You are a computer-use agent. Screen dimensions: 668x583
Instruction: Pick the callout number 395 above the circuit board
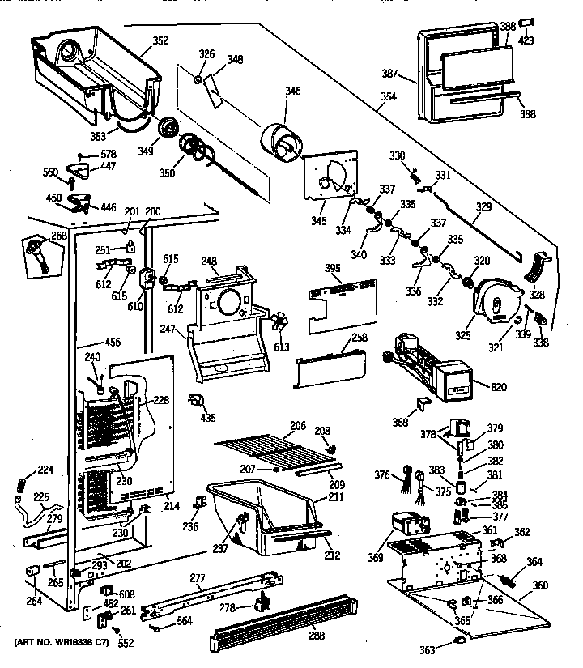[x=332, y=268]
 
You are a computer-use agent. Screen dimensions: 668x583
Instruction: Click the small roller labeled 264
[x=33, y=573]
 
